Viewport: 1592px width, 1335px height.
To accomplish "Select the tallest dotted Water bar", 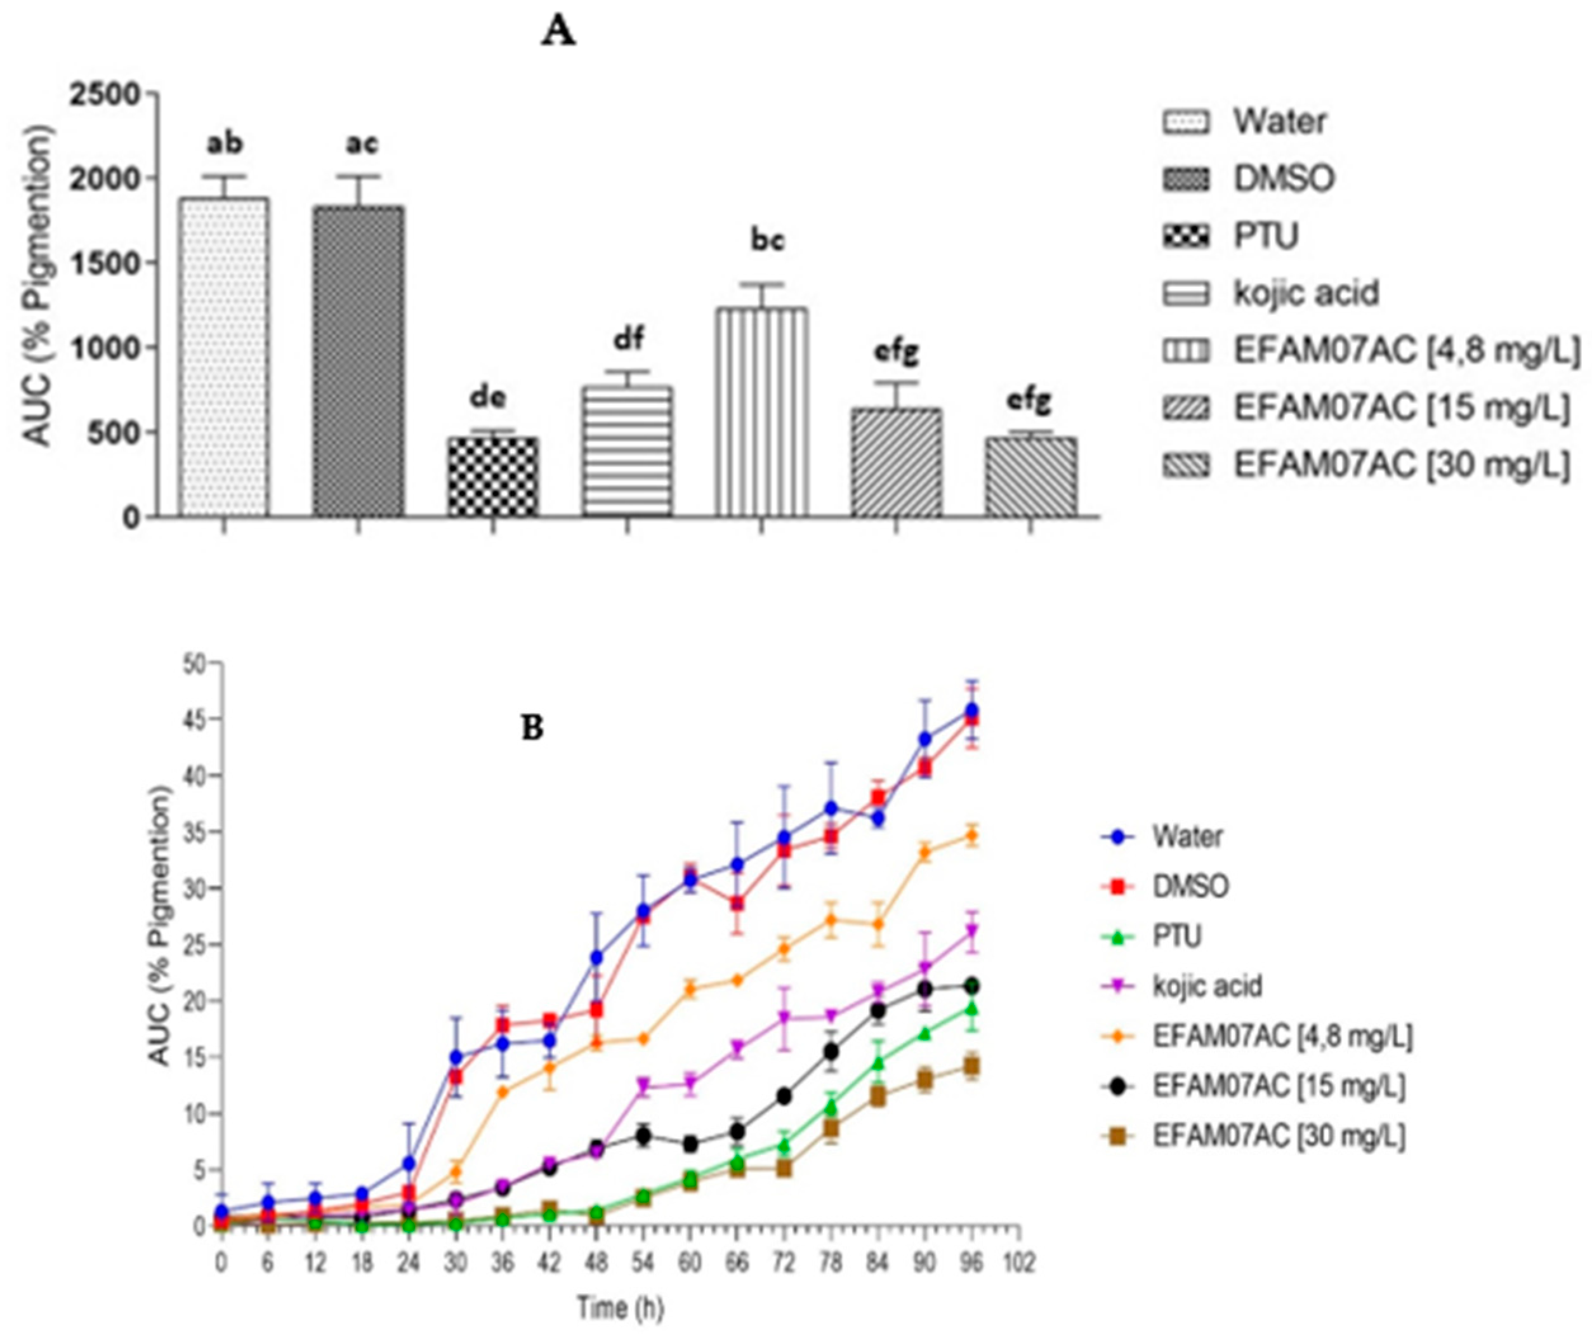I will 223,357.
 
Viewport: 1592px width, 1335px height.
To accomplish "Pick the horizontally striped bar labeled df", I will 627,451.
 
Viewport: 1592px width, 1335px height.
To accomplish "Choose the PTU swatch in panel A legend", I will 1187,237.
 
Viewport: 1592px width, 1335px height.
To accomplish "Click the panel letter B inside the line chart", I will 533,728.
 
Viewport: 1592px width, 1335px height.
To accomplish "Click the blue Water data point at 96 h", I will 971,711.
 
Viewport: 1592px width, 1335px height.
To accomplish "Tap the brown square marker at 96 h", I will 971,1067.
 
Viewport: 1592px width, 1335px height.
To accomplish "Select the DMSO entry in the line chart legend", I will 1190,886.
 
